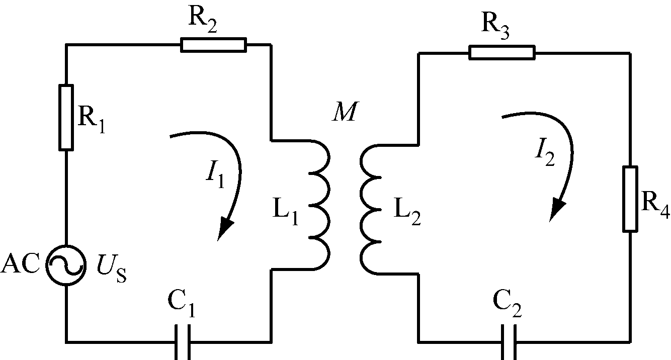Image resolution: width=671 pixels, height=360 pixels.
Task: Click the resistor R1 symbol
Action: coord(66,118)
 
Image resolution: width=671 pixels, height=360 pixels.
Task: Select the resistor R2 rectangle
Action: coord(213,45)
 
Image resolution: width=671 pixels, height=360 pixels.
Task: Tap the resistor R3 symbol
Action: coord(501,52)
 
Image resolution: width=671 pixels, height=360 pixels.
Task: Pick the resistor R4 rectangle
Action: coord(630,199)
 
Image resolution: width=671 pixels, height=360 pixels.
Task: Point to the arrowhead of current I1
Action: coord(224,228)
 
